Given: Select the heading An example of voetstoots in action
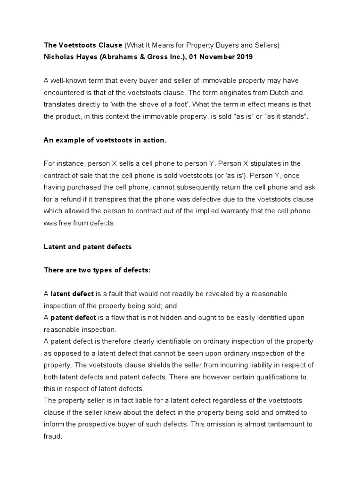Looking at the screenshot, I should [105, 140].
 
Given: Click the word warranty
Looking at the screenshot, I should [237, 211].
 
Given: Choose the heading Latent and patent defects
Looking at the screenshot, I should [88, 246].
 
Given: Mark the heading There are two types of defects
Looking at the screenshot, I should [97, 270].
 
